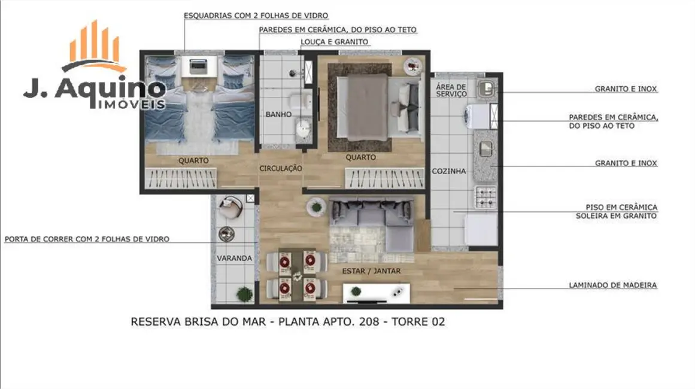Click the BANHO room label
pyautogui.click(x=278, y=114)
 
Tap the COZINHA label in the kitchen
pyautogui.click(x=448, y=171)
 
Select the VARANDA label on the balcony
pyautogui.click(x=234, y=258)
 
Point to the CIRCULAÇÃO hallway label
pyautogui.click(x=280, y=169)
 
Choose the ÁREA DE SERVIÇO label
pyautogui.click(x=451, y=90)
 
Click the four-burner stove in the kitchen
pyautogui.click(x=485, y=196)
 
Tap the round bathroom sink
pyautogui.click(x=304, y=127)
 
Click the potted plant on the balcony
pyautogui.click(x=244, y=294)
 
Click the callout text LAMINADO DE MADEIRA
pyautogui.click(x=612, y=285)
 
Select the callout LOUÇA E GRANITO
pyautogui.click(x=334, y=42)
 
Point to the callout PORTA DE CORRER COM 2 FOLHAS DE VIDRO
pyautogui.click(x=87, y=239)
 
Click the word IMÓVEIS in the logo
pyautogui.click(x=130, y=105)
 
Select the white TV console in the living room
pyautogui.click(x=376, y=293)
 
